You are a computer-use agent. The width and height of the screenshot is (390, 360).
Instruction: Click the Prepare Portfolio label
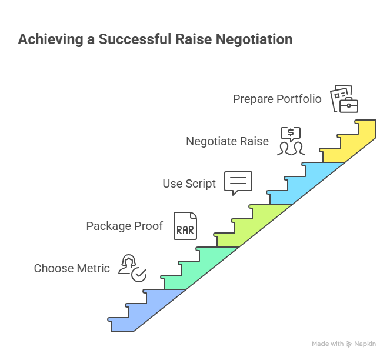pyautogui.click(x=277, y=99)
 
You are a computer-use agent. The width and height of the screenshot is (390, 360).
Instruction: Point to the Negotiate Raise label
pyautogui.click(x=227, y=141)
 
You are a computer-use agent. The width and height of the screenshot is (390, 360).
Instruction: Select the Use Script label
pyautogui.click(x=189, y=184)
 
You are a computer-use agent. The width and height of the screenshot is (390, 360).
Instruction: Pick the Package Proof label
pyautogui.click(x=124, y=226)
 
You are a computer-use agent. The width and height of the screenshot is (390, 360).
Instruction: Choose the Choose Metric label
pyautogui.click(x=72, y=268)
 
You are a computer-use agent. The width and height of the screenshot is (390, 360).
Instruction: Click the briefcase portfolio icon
pyautogui.click(x=344, y=99)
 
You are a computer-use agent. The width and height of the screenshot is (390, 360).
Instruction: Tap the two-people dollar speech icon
pyautogui.click(x=290, y=141)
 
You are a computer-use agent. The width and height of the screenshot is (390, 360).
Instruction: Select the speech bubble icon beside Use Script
pyautogui.click(x=238, y=183)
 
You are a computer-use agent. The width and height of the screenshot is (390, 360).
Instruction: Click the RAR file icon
pyautogui.click(x=185, y=226)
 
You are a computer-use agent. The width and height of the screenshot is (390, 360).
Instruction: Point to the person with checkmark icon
pyautogui.click(x=132, y=268)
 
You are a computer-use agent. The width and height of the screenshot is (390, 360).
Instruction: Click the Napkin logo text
pyautogui.click(x=365, y=344)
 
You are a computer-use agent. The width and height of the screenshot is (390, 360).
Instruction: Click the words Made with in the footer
pyautogui.click(x=328, y=344)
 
